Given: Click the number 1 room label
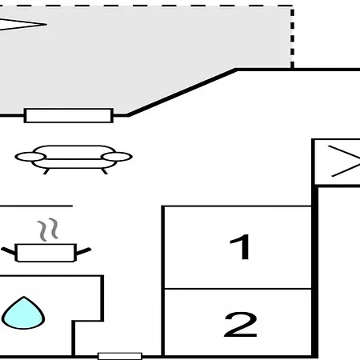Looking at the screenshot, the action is (240, 246).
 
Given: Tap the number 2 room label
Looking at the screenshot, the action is (241, 324).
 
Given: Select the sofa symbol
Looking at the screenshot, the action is (74, 159).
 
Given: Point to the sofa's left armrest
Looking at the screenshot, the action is (30, 157).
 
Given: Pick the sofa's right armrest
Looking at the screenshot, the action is (117, 157).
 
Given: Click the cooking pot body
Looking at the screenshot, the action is (46, 253).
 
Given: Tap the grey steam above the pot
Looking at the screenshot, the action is (48, 230).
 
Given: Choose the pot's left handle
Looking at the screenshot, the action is (9, 251).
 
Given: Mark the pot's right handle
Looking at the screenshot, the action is (84, 251).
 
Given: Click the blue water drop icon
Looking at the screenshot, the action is (23, 314).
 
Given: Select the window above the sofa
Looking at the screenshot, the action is (69, 115).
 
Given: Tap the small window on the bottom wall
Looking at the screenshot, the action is (120, 356).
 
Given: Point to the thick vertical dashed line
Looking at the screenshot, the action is (292, 38).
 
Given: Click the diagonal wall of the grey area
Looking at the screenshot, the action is (182, 92).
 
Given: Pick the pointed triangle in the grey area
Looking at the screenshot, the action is (22, 24).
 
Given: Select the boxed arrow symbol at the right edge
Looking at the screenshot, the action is (337, 162).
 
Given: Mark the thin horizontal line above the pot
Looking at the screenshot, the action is (36, 206).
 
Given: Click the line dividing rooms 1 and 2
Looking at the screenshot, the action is (238, 289).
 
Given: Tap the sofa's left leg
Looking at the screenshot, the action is (46, 171).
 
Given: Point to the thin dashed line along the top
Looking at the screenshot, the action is (146, 6).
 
